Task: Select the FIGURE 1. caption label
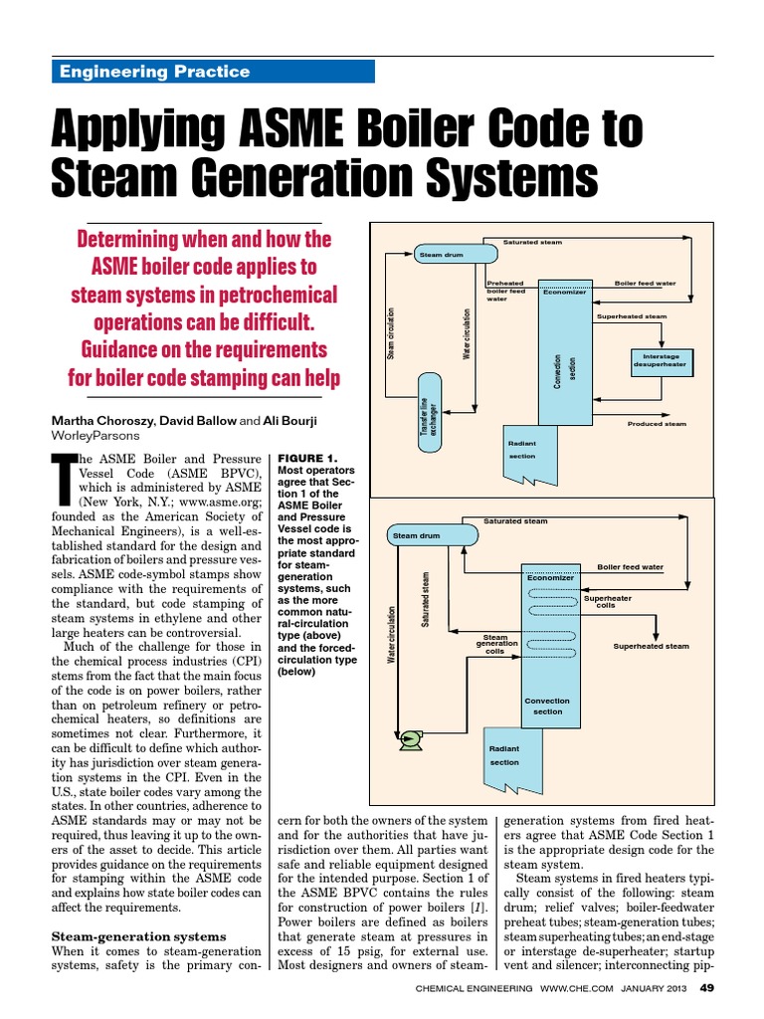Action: (x=308, y=457)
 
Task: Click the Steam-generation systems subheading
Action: (x=138, y=936)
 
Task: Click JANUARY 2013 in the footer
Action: (x=651, y=995)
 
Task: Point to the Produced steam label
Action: (x=657, y=424)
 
